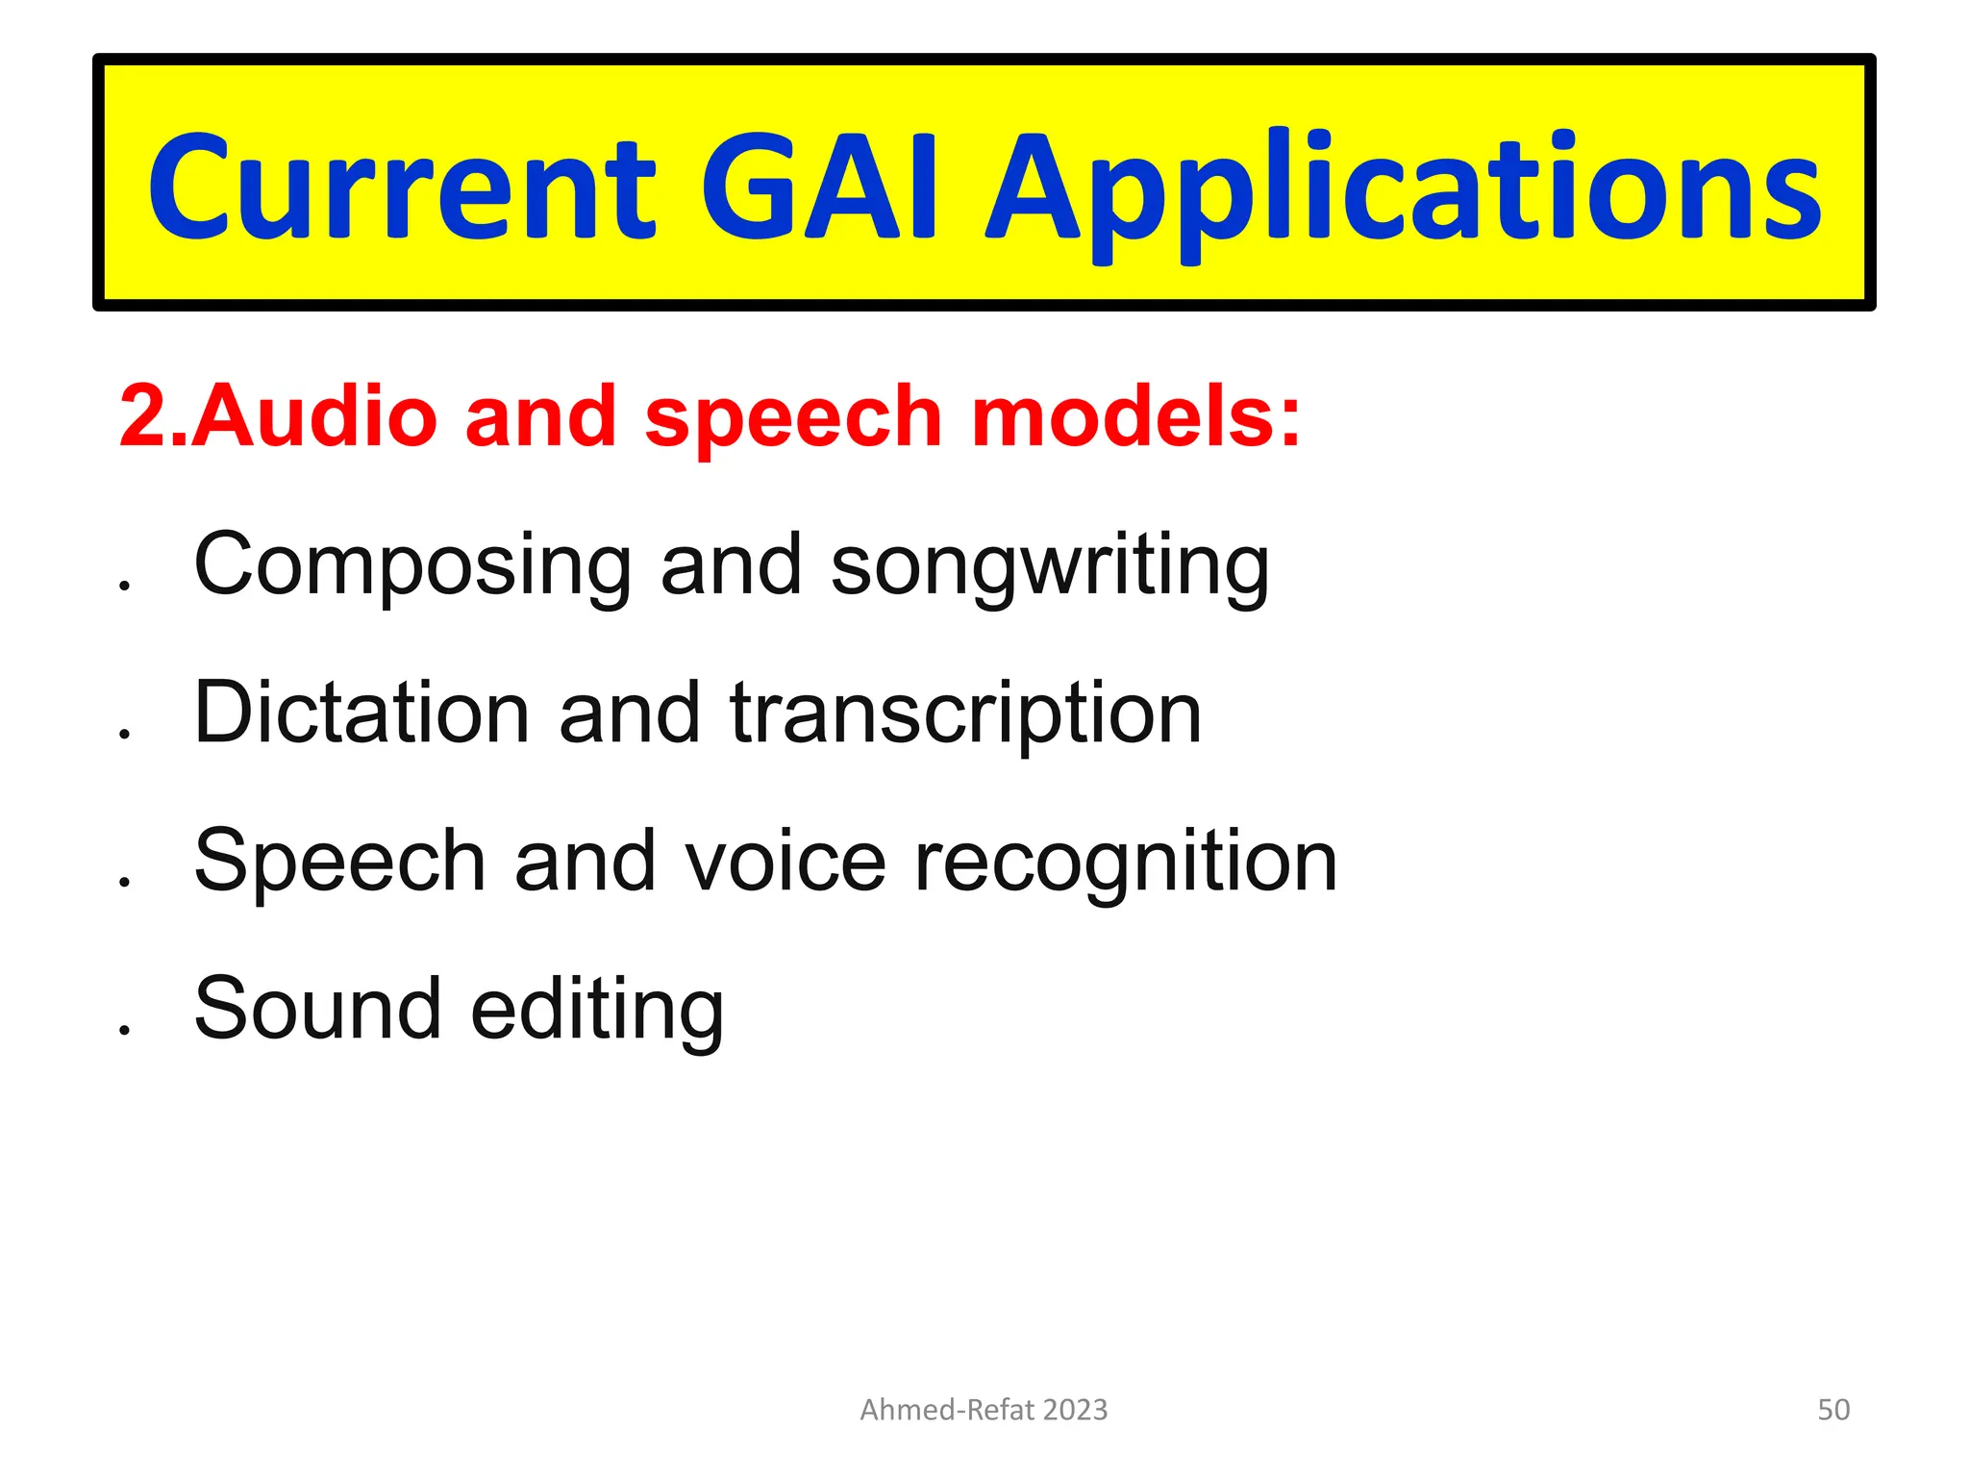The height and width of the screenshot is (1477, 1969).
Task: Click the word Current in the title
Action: coord(402,188)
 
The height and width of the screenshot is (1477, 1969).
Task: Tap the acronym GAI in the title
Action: coord(818,188)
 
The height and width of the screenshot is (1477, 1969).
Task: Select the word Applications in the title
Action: coord(1404,192)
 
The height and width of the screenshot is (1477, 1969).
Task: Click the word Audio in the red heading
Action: coord(315,415)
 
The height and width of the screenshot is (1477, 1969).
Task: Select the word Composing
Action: coord(412,567)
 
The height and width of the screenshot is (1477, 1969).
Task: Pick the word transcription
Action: coord(965,716)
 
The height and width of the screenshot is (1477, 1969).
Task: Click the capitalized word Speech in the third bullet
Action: coord(339,863)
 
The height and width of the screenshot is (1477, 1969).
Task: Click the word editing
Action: coord(597,1012)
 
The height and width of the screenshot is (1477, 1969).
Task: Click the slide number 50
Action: coord(1832,1410)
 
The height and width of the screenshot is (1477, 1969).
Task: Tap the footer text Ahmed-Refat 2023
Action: coord(984,1410)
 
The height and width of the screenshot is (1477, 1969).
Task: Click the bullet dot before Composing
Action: coord(124,585)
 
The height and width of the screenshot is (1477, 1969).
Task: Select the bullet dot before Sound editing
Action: coord(124,1029)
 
